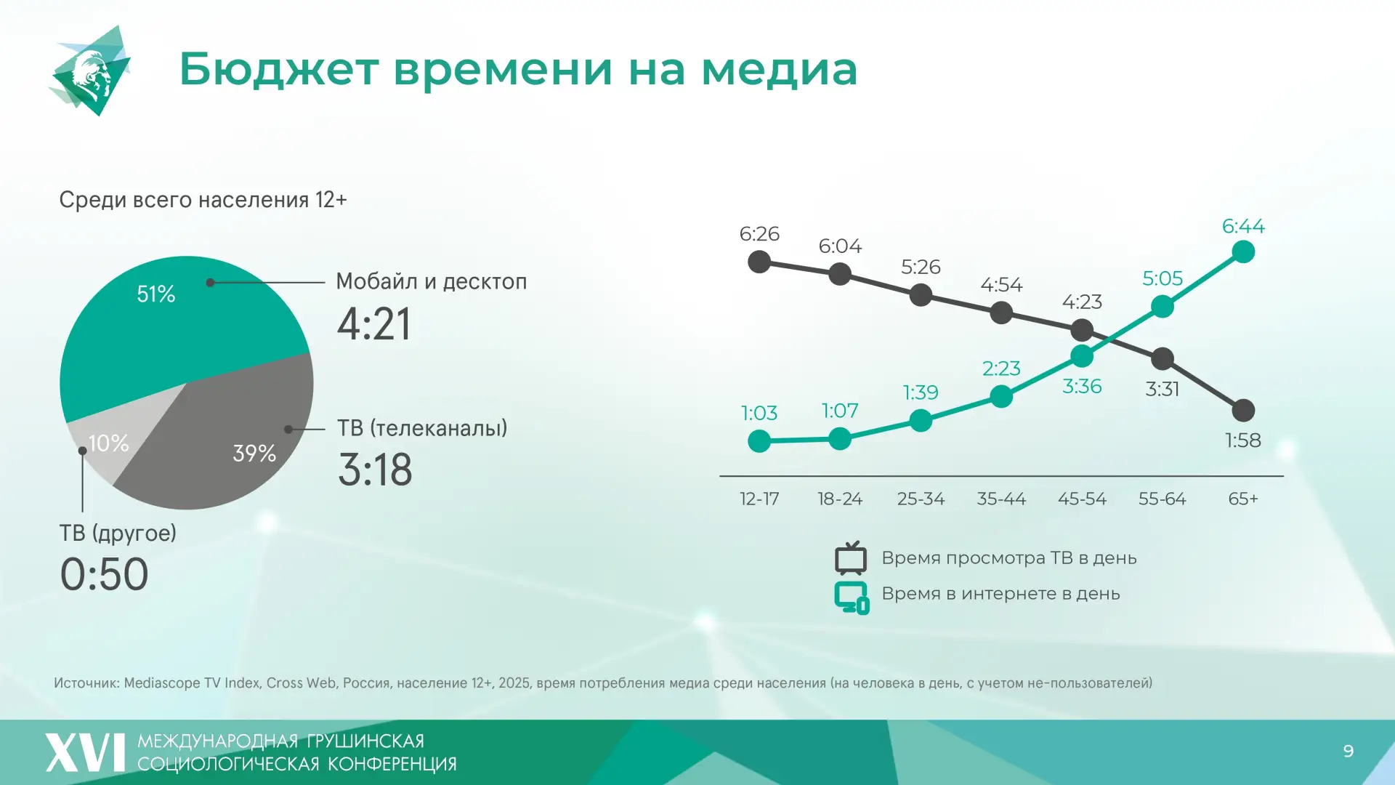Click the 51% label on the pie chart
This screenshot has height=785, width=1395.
(x=156, y=294)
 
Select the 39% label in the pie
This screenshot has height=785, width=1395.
(x=254, y=454)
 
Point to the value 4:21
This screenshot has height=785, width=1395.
(x=374, y=324)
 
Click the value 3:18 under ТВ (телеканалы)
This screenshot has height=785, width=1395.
(x=375, y=470)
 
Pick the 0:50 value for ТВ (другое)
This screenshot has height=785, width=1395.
(x=104, y=574)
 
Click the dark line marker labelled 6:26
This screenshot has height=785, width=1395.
(x=759, y=262)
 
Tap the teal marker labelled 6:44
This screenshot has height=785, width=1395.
(x=1243, y=252)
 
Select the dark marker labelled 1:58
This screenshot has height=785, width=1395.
(x=1243, y=411)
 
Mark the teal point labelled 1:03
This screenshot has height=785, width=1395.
(x=759, y=440)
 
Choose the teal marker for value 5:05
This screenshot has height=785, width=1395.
(x=1162, y=307)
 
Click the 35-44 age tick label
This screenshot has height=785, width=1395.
(x=1001, y=499)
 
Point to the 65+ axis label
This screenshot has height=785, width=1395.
(x=1243, y=499)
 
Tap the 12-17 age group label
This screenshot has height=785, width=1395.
(x=759, y=499)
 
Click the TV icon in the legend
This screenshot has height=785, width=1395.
(x=851, y=558)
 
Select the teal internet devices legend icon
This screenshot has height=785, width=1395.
(x=852, y=597)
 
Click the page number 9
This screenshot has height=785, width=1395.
(x=1348, y=751)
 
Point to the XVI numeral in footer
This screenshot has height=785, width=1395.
(x=86, y=752)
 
